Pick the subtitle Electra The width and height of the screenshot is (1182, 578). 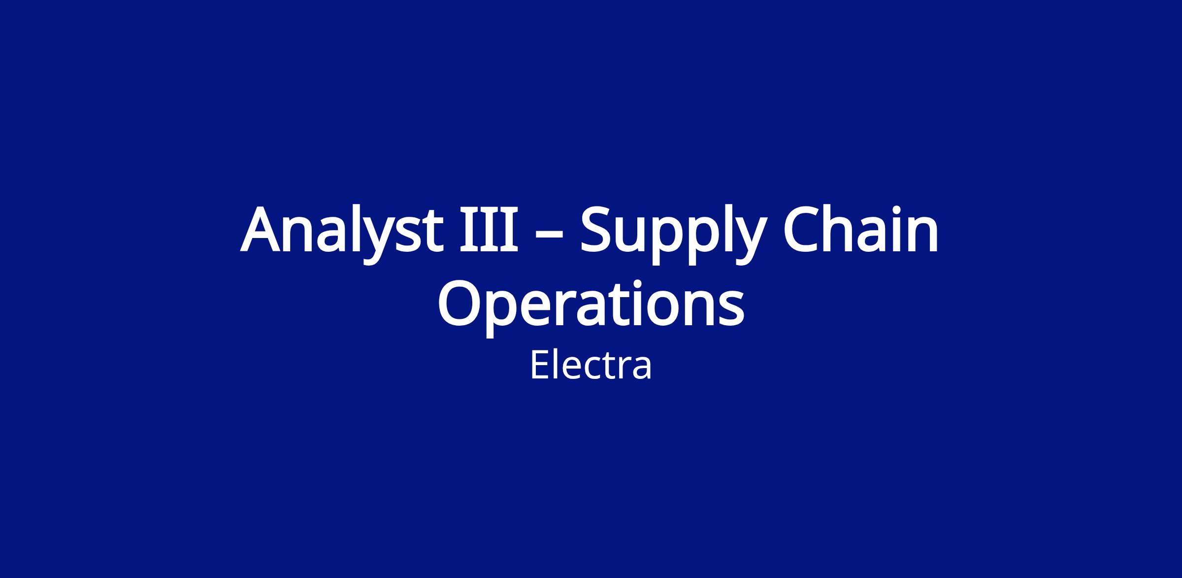point(591,365)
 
